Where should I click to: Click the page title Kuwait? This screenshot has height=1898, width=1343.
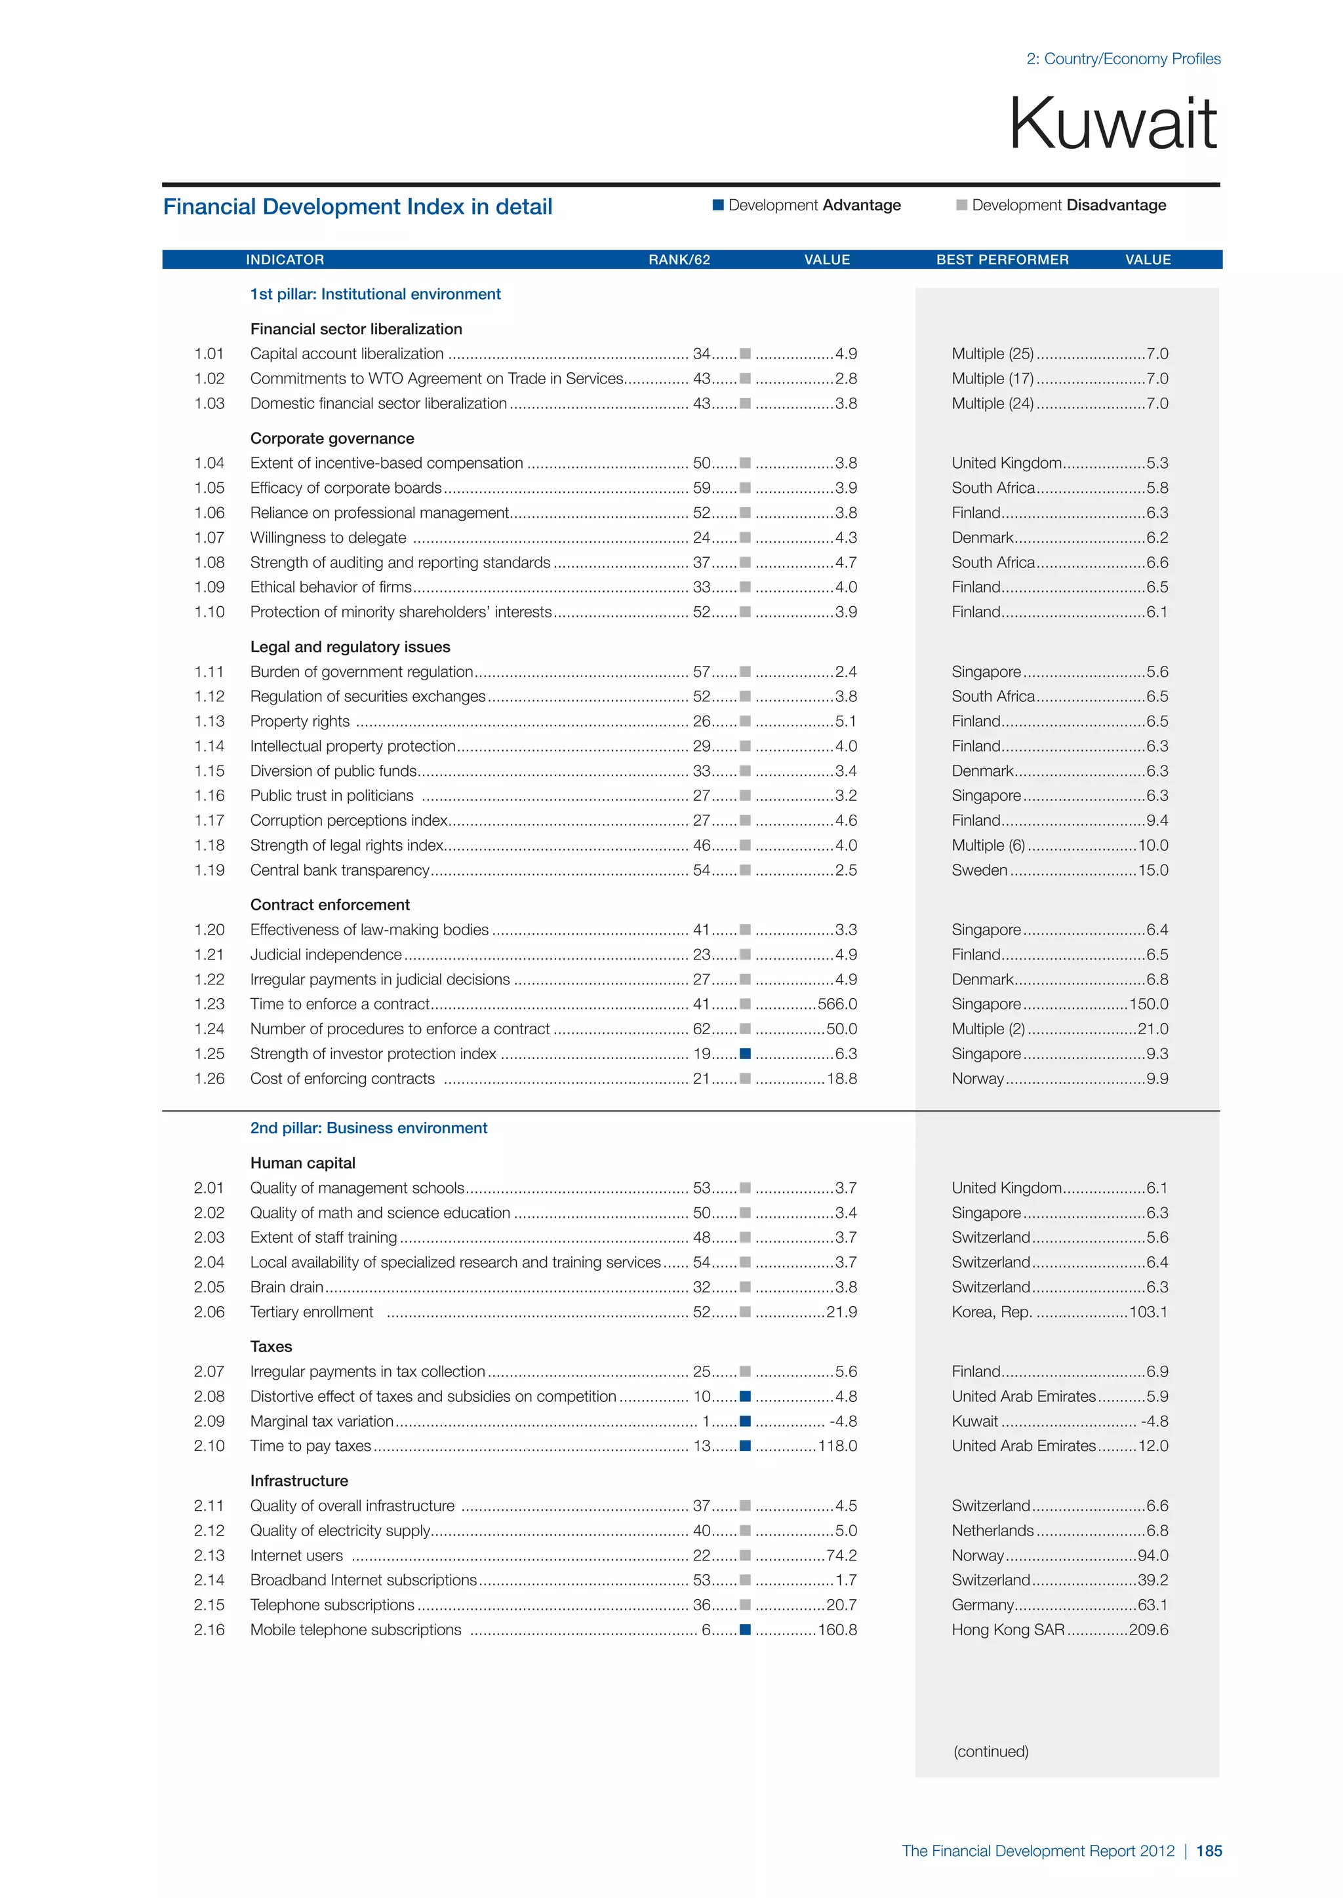(1112, 124)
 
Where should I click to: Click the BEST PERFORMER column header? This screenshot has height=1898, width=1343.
(1002, 260)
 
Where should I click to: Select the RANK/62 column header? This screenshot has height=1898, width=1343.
(679, 260)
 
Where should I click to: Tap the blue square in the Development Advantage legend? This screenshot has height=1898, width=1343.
(718, 205)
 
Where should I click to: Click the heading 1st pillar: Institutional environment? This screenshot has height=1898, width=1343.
(376, 294)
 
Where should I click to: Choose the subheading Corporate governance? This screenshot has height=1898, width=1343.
(332, 438)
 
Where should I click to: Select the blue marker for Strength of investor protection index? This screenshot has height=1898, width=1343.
(745, 1054)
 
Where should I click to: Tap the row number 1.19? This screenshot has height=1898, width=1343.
(209, 870)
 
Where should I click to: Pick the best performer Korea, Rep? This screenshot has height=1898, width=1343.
(992, 1312)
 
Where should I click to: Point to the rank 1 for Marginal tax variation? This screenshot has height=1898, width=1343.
(706, 1421)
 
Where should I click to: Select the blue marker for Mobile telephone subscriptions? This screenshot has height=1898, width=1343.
(745, 1630)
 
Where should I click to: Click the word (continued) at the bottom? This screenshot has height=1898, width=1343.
(991, 1751)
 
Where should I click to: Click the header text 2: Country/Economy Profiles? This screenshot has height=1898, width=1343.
(1123, 59)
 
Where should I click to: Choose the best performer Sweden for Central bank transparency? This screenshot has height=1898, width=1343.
(979, 870)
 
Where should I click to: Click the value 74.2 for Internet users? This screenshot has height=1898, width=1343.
(841, 1556)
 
